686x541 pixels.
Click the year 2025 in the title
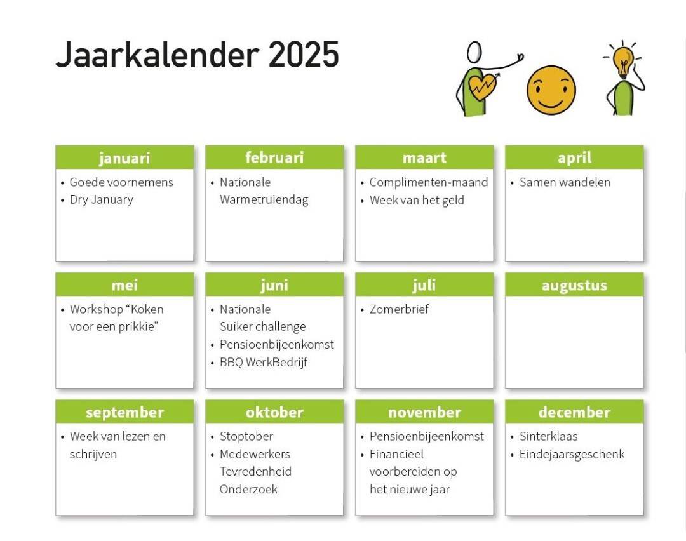(304, 55)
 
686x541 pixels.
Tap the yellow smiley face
(551, 90)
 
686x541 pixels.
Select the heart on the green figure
(482, 86)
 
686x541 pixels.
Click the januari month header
(124, 157)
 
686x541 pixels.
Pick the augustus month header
(574, 285)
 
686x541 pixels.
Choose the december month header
(574, 412)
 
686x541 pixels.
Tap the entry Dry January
(102, 200)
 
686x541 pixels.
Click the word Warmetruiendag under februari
(264, 200)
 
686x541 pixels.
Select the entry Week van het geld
(417, 200)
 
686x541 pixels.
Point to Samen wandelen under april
(565, 182)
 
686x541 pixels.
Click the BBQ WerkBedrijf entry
(264, 362)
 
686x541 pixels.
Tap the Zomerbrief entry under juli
(399, 309)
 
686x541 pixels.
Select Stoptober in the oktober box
(246, 436)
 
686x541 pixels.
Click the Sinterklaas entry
(549, 436)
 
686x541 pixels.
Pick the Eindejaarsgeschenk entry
(572, 455)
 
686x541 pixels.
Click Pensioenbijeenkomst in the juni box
(276, 345)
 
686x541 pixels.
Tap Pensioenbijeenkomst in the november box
(427, 436)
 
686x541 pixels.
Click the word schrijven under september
(93, 455)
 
